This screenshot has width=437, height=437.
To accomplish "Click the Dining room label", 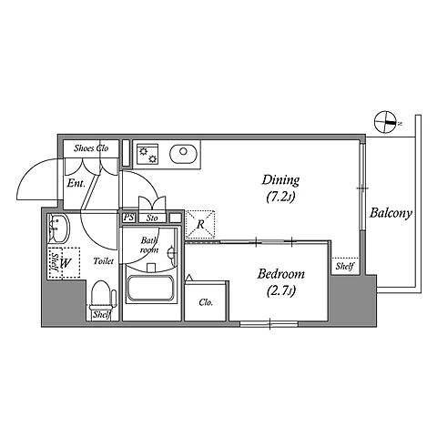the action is coord(280,180).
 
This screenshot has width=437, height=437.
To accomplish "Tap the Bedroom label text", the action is coord(281,274).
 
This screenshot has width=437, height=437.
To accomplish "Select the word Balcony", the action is coord(391,213).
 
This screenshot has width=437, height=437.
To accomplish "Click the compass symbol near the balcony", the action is coord(385,123).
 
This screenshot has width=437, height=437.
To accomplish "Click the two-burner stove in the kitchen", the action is coord(147,154).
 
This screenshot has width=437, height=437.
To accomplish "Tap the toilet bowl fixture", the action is coord(102,294).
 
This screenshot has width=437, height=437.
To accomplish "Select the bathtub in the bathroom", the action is coord(150,288).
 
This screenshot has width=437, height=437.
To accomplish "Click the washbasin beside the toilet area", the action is coord(58,229).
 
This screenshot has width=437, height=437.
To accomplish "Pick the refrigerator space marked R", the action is coord(200,224).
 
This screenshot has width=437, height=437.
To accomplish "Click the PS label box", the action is coord(129,218).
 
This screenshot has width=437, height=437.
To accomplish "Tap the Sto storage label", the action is coord(152,218).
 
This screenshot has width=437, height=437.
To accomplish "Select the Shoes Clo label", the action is coord(91,148).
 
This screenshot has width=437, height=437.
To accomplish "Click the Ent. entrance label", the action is coord(76,184).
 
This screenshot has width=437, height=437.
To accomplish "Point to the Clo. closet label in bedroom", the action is coord(206,302).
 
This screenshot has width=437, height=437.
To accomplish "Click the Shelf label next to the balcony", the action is coord(345,267).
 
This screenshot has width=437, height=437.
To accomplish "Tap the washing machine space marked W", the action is coord(66,263).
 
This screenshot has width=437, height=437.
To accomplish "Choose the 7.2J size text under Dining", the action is coord(280,198).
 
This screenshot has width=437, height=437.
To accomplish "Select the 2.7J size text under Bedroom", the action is coord(281,291).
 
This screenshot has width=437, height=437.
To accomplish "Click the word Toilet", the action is coord(104,261).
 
